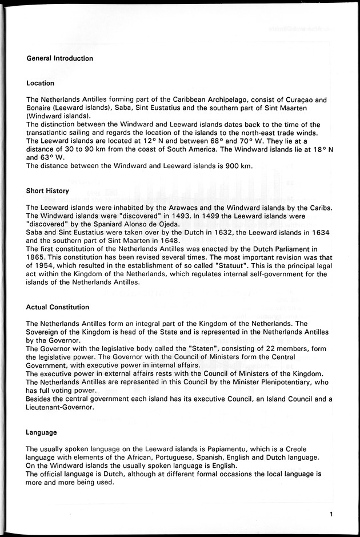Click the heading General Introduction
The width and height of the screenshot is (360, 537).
tap(59, 58)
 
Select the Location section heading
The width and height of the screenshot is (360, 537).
tap(41, 83)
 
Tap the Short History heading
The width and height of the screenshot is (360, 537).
tap(47, 191)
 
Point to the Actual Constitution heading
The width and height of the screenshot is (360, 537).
tap(58, 308)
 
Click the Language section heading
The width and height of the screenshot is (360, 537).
tap(42, 432)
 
